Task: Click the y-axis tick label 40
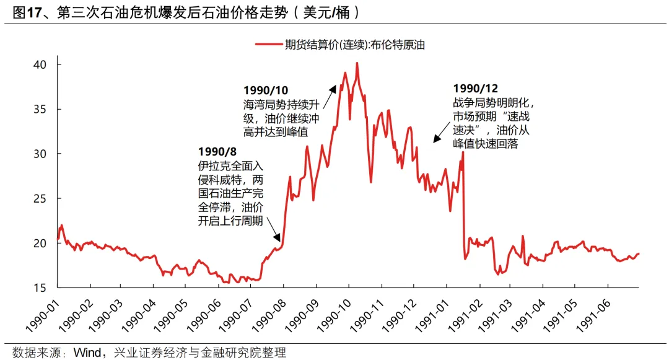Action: click(x=39, y=64)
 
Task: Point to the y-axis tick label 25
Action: click(x=39, y=198)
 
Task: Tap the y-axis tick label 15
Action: click(x=39, y=288)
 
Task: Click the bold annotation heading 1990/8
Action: click(x=217, y=152)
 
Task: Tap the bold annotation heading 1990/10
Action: click(x=265, y=90)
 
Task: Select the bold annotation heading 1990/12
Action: click(x=475, y=88)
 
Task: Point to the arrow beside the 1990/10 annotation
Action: click(x=333, y=91)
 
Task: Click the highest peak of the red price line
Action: click(x=357, y=63)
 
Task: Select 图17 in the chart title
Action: click(x=20, y=12)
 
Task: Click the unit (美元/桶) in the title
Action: click(x=328, y=12)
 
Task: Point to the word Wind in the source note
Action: click(x=87, y=353)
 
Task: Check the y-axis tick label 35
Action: click(x=39, y=109)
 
